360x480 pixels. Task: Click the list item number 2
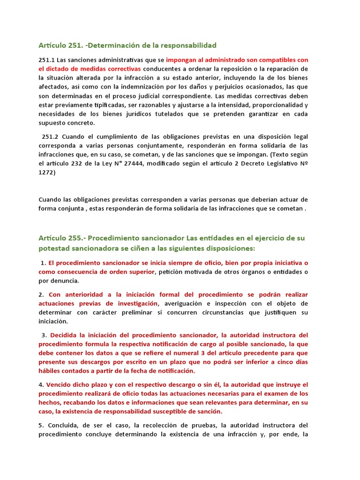pyautogui.click(x=41, y=295)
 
